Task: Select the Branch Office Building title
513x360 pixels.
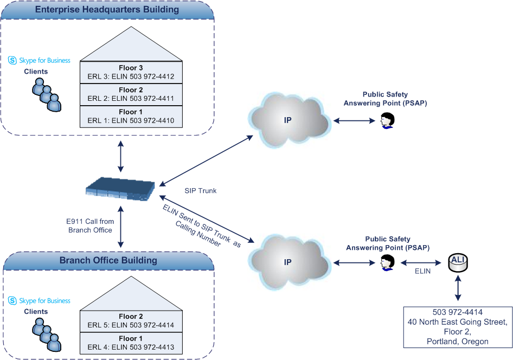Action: [x=108, y=260]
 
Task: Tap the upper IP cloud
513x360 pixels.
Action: [x=290, y=119]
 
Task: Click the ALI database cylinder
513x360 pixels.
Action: [x=458, y=263]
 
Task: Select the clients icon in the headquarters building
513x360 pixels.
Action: [x=46, y=93]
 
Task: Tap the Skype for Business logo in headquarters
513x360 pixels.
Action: [x=40, y=60]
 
